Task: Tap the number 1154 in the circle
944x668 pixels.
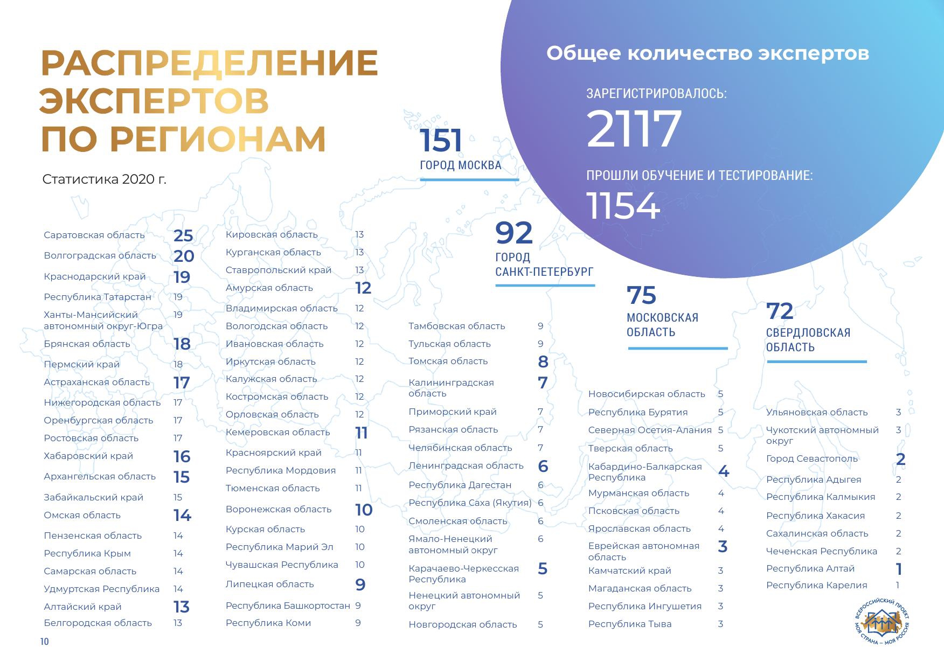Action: pyautogui.click(x=623, y=206)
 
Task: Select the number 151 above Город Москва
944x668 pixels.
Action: pyautogui.click(x=441, y=141)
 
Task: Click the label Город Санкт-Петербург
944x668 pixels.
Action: pyautogui.click(x=544, y=265)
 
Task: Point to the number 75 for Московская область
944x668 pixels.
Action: pyautogui.click(x=641, y=295)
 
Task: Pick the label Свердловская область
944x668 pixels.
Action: pyautogui.click(x=808, y=340)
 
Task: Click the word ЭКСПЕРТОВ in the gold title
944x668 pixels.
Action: pyautogui.click(x=154, y=101)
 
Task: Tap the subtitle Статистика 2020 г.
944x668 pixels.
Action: pyautogui.click(x=104, y=179)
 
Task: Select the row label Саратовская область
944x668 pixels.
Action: pyautogui.click(x=94, y=235)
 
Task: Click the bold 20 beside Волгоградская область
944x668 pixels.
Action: pyautogui.click(x=184, y=256)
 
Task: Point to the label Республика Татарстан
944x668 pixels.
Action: pyautogui.click(x=98, y=297)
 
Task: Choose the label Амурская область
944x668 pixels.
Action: pyautogui.click(x=269, y=288)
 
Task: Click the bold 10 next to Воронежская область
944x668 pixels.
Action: pyautogui.click(x=364, y=510)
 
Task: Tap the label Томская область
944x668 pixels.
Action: pyautogui.click(x=448, y=361)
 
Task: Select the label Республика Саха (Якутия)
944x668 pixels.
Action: pyautogui.click(x=469, y=503)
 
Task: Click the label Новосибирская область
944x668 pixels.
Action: pyautogui.click(x=646, y=394)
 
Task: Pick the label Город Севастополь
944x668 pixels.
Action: pyautogui.click(x=811, y=458)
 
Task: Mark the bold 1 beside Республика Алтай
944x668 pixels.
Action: pyautogui.click(x=899, y=569)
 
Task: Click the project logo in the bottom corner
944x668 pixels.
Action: pyautogui.click(x=881, y=623)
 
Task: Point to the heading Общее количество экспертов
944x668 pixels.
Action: pyautogui.click(x=707, y=53)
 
